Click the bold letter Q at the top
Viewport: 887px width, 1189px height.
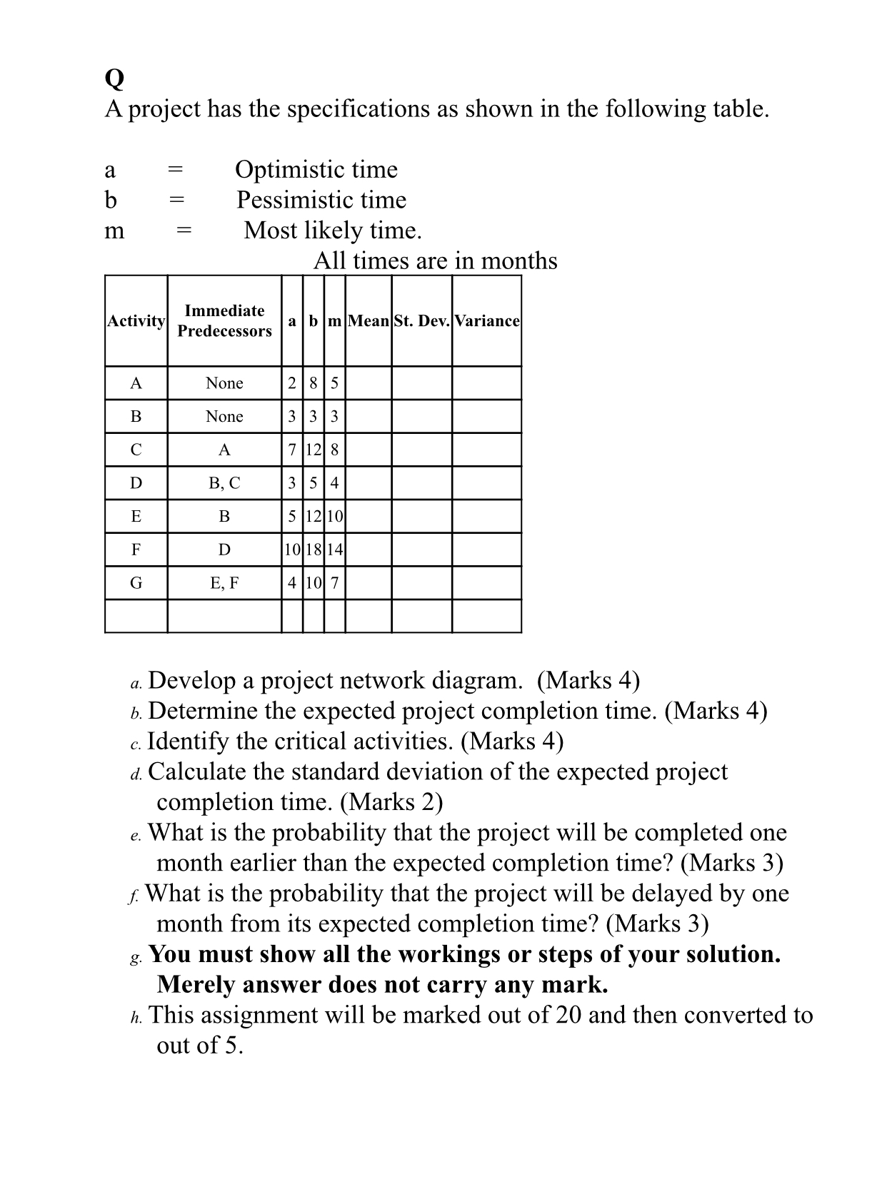pos(114,79)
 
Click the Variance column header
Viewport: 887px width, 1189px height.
pos(486,321)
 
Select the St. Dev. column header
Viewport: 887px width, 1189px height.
pos(421,321)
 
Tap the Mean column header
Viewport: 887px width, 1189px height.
pos(368,321)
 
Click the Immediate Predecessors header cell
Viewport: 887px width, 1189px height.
pos(224,320)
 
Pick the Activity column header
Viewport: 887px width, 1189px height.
pos(136,321)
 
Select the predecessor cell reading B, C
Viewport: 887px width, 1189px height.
pos(224,483)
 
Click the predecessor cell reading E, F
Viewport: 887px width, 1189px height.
pos(224,583)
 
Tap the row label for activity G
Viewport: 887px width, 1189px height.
pos(136,583)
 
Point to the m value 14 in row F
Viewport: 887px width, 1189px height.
pos(334,550)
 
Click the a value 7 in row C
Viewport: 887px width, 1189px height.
pos(291,450)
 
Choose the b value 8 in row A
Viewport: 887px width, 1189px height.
pos(313,383)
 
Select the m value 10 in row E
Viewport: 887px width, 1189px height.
pos(334,517)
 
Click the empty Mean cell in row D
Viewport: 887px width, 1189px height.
pos(368,483)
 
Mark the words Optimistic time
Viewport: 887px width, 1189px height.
pos(316,170)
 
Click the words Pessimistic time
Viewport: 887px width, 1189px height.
pos(321,200)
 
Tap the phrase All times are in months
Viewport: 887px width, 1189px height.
pos(435,260)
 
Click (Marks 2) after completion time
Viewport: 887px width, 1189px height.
pos(391,802)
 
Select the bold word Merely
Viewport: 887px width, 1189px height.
pos(201,985)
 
